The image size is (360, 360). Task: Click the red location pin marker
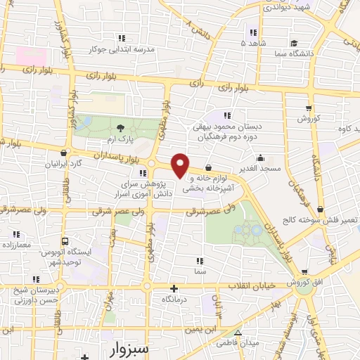[181, 165]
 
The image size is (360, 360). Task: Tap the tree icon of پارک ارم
[121, 127]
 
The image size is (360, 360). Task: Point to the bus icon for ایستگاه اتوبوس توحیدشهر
[65, 240]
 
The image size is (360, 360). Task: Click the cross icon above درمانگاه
[174, 288]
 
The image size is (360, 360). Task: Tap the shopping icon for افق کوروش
[304, 271]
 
